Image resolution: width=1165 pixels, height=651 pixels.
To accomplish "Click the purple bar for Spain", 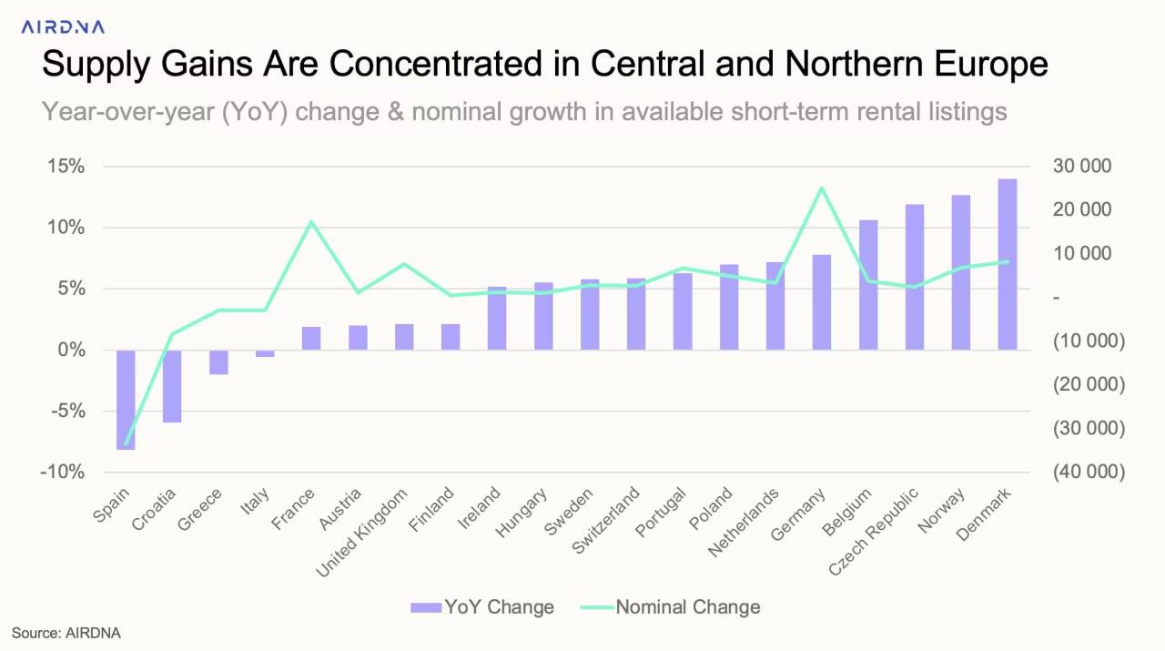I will click(126, 399).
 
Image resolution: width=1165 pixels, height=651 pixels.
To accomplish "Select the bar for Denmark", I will click(1008, 264).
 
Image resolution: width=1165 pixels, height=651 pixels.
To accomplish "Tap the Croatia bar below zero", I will click(172, 386).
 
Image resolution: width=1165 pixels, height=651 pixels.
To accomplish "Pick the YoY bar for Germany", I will click(822, 302).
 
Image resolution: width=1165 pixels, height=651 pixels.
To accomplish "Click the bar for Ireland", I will click(497, 319).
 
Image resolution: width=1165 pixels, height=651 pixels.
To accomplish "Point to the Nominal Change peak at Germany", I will click(822, 188).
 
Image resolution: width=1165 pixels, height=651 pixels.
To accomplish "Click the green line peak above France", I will click(311, 222).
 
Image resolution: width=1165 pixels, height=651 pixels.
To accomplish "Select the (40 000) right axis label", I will click(1089, 472).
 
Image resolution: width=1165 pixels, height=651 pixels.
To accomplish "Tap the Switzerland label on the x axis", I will click(609, 521).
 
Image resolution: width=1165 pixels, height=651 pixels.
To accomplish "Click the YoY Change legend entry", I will click(482, 606).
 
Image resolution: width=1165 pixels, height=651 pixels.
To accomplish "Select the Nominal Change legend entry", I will click(674, 606).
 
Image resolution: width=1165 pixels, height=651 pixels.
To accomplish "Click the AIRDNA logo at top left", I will click(63, 27).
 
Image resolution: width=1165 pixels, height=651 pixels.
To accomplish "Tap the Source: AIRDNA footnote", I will click(66, 632).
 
